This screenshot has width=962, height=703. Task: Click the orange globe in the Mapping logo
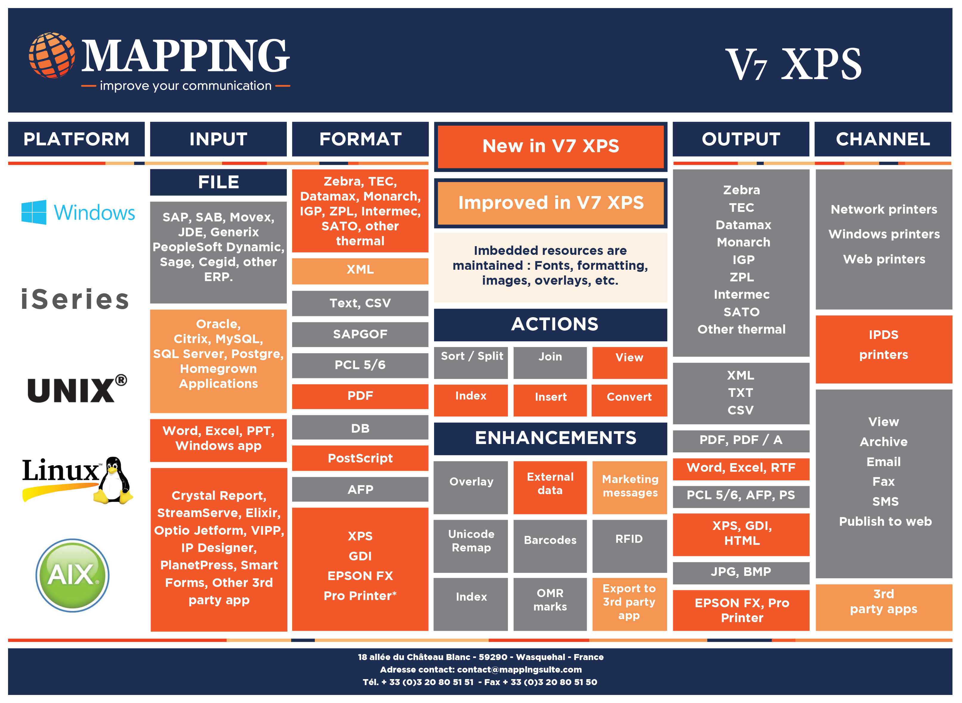pos(52,55)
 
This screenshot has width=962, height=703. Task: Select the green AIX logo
pos(72,575)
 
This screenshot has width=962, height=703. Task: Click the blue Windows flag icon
pos(34,212)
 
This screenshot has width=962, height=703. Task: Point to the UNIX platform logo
pos(77,388)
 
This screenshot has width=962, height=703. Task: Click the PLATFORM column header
pos(77,139)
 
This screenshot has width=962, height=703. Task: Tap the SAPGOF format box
pos(360,334)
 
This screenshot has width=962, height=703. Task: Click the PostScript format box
pos(360,458)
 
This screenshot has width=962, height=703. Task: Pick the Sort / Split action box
pos(471,363)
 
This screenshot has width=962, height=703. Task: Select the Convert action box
pos(629,400)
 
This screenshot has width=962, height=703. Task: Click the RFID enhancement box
pos(629,546)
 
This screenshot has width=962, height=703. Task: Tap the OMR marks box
pos(550,604)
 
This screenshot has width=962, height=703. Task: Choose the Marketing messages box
pos(630,487)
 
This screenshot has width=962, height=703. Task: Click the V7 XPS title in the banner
pos(793,64)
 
